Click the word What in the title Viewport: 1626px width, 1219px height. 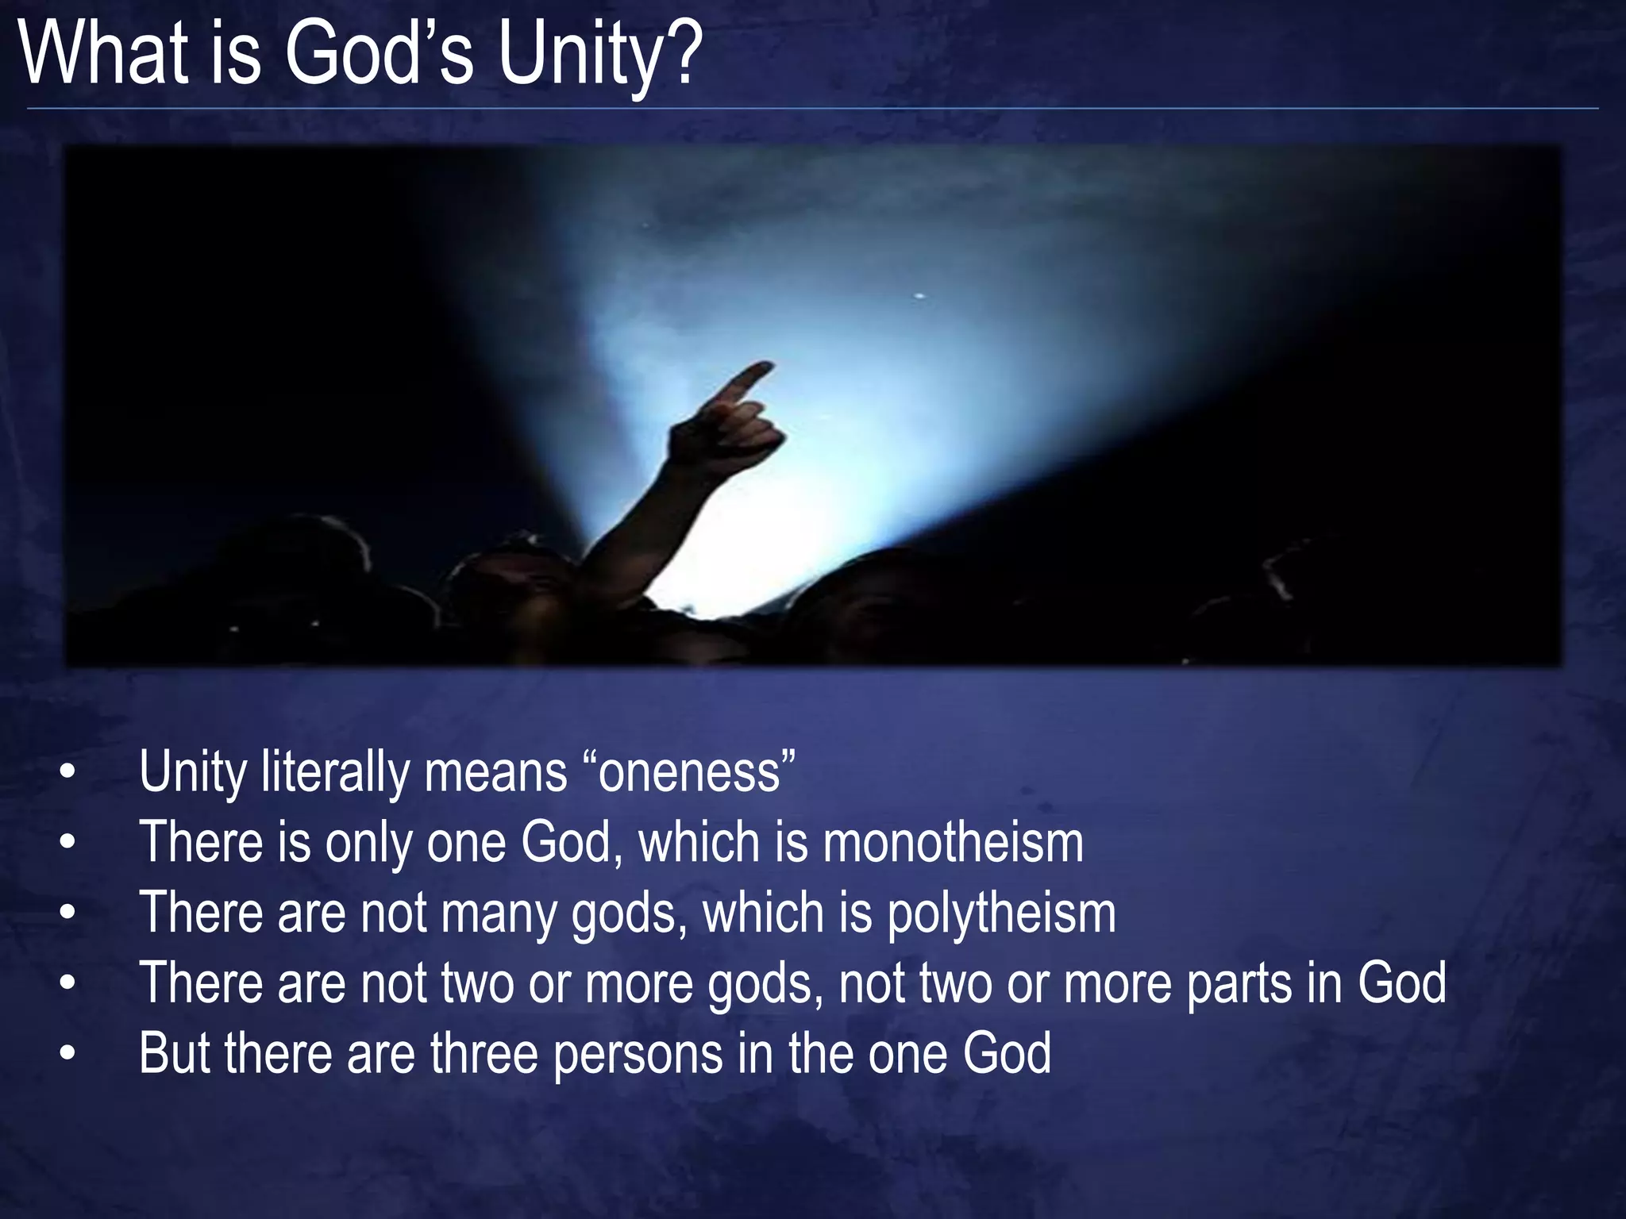pos(104,54)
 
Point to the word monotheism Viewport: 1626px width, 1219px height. pos(953,842)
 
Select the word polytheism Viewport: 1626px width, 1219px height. pos(1001,913)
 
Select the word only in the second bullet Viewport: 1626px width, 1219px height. pos(368,842)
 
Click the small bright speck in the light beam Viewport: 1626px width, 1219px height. pos(920,296)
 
